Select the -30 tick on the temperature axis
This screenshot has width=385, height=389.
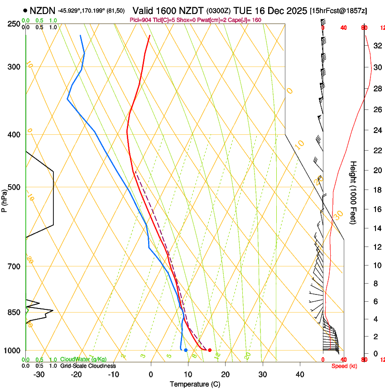39,375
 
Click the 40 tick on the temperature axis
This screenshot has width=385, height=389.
300,375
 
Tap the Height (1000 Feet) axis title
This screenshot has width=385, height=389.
354,193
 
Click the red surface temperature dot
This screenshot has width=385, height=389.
209,350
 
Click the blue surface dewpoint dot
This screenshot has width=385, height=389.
186,350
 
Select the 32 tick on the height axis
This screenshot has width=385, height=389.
376,46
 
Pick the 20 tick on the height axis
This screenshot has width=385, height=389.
376,170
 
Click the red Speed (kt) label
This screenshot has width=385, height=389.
344,366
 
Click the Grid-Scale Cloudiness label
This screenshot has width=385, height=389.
88,366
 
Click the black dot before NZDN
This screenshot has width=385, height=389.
25,10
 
